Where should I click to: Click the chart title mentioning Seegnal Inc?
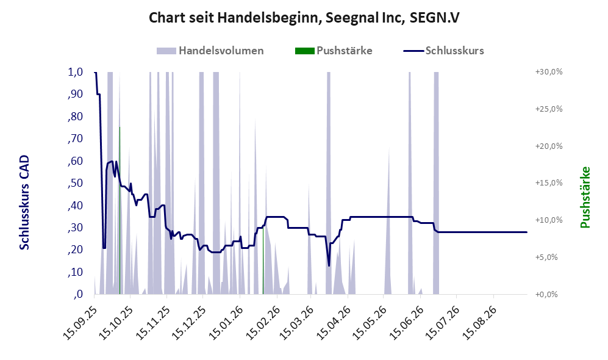304,18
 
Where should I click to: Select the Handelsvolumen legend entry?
210,51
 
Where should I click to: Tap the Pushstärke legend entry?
334,51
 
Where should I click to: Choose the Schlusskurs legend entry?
443,51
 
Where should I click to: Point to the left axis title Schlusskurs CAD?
24,203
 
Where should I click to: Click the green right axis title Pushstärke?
585,198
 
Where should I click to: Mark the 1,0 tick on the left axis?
76,72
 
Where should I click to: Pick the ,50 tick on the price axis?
76,183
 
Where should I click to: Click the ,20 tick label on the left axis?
76,250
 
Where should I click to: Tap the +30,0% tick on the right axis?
549,72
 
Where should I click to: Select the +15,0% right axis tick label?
549,182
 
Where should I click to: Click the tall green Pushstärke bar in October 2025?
120,211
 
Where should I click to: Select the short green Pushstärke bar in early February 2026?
263,261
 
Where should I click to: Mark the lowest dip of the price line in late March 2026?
329,266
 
